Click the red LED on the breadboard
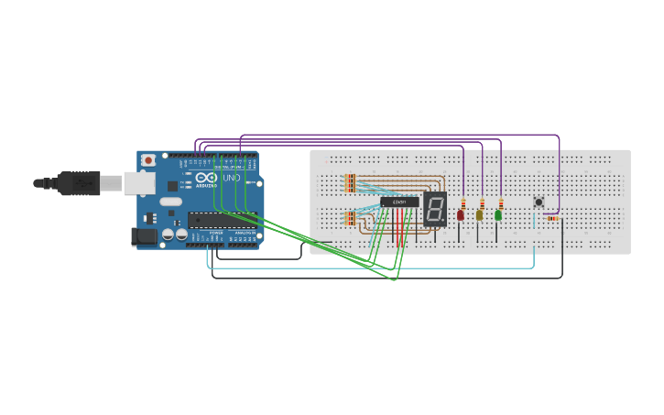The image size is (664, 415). pos(461,215)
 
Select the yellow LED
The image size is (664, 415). pos(479,215)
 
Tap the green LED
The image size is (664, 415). pos(498,215)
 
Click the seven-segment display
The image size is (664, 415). pos(434,210)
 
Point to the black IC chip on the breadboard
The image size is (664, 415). pos(399,202)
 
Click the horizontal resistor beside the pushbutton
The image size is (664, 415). pos(552,218)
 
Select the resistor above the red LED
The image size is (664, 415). pos(463,202)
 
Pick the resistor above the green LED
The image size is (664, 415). pos(501,202)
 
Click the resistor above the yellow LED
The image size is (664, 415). pos(482,202)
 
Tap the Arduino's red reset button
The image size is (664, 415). pos(148,160)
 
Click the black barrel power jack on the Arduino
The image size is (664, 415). pos(145,237)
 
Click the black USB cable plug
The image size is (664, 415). pos(78,183)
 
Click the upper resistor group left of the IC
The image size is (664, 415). pos(350,182)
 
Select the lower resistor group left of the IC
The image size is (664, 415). pos(350,218)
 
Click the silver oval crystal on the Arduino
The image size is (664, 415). pos(171,201)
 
